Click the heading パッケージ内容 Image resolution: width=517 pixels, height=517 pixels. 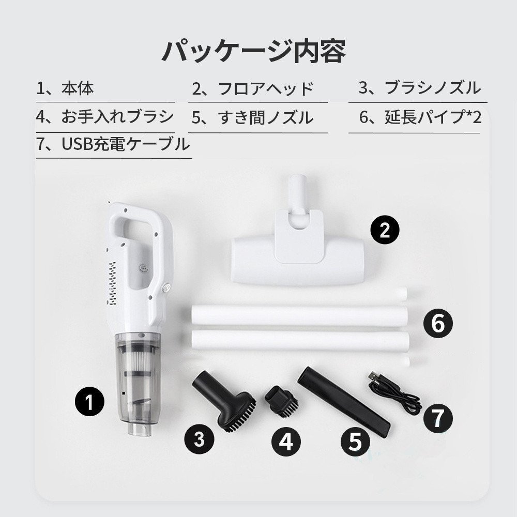(x=253, y=51)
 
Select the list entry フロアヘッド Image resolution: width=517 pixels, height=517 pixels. (x=253, y=88)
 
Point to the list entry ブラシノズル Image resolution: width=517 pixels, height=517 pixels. (x=419, y=88)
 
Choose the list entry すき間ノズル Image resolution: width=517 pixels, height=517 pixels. (x=253, y=117)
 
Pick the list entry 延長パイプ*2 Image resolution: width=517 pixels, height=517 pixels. (x=420, y=117)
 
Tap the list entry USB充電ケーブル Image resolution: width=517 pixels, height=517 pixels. (x=113, y=145)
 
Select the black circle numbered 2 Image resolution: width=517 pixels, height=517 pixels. (x=385, y=230)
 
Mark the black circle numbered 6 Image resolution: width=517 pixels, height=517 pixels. (x=437, y=324)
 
